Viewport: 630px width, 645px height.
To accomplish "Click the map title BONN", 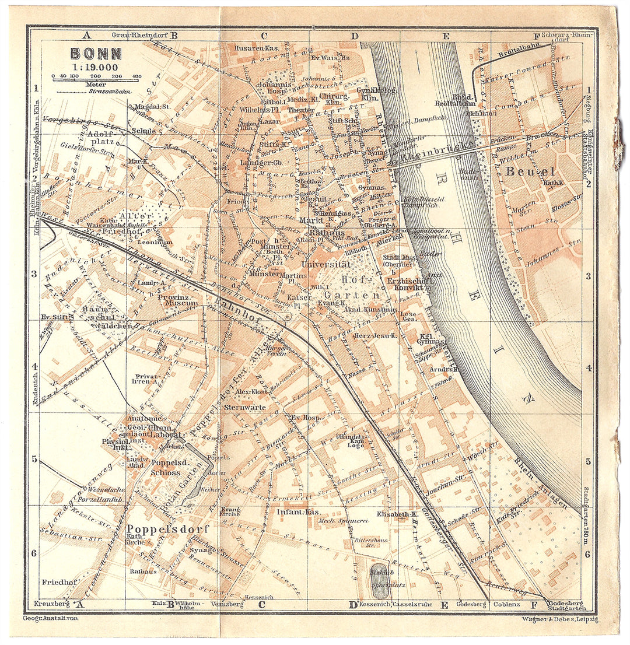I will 96,54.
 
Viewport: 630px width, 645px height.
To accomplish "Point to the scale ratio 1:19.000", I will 96,66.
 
